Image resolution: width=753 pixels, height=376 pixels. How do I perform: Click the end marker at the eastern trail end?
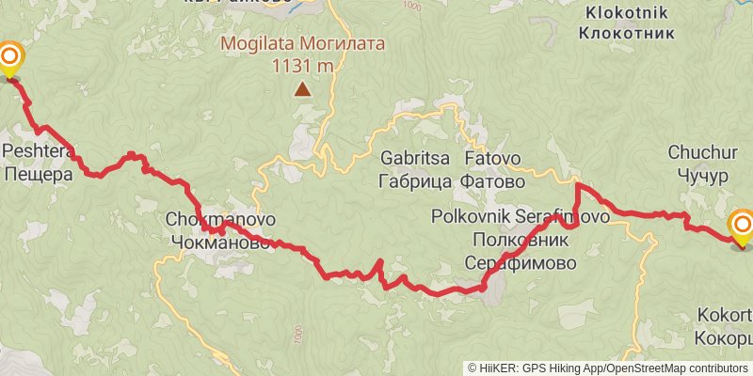click(x=742, y=226)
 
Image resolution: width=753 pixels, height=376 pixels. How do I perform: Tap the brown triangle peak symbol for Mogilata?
click(x=302, y=90)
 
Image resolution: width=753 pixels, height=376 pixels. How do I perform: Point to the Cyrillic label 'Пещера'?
click(x=38, y=173)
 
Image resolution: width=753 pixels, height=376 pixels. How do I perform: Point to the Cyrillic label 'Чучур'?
click(x=697, y=174)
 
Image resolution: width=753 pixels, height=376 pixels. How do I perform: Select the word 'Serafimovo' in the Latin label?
click(x=568, y=216)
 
